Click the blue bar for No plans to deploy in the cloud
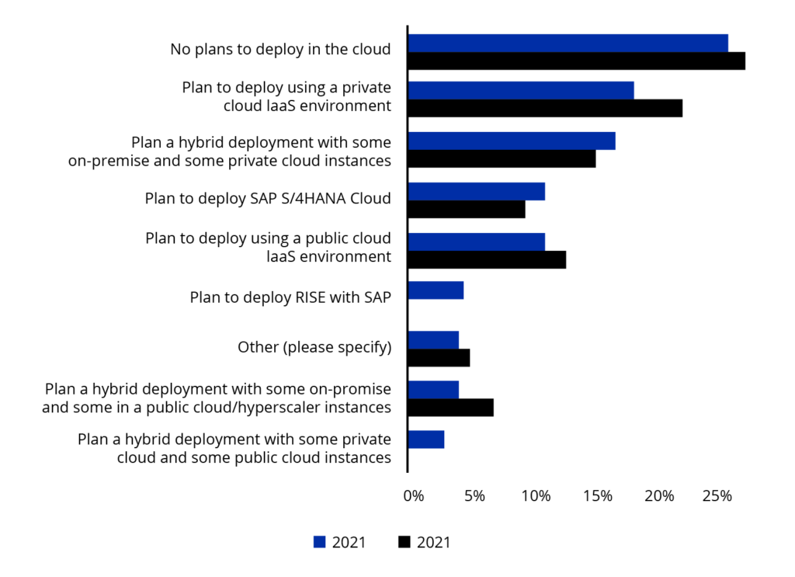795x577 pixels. point(568,43)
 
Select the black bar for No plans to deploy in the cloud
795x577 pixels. point(576,61)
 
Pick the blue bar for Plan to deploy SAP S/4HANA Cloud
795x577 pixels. point(476,191)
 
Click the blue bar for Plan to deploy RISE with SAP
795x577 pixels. point(436,290)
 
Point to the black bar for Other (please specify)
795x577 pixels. point(439,358)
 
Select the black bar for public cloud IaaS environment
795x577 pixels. point(487,260)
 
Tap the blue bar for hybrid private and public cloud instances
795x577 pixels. point(426,440)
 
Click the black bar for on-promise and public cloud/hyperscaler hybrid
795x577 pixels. point(450,408)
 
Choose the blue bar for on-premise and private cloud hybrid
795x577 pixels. point(512,141)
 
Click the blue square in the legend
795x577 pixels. point(319,542)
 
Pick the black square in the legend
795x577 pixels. point(404,542)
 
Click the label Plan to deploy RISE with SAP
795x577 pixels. point(290,297)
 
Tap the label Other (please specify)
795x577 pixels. point(314,347)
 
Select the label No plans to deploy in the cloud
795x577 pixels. point(280,50)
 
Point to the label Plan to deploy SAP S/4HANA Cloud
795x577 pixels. point(268,198)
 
